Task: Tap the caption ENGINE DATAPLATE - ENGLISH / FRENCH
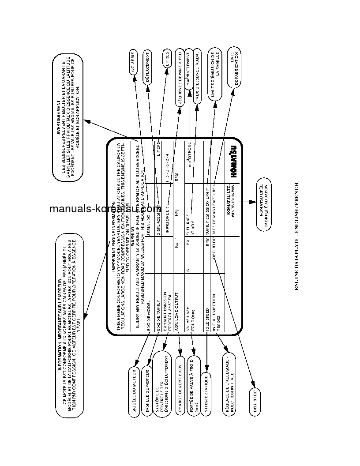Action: coord(296,237)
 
